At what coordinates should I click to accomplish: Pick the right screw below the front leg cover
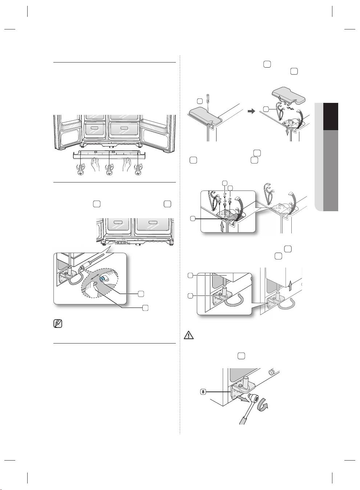[138, 169]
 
